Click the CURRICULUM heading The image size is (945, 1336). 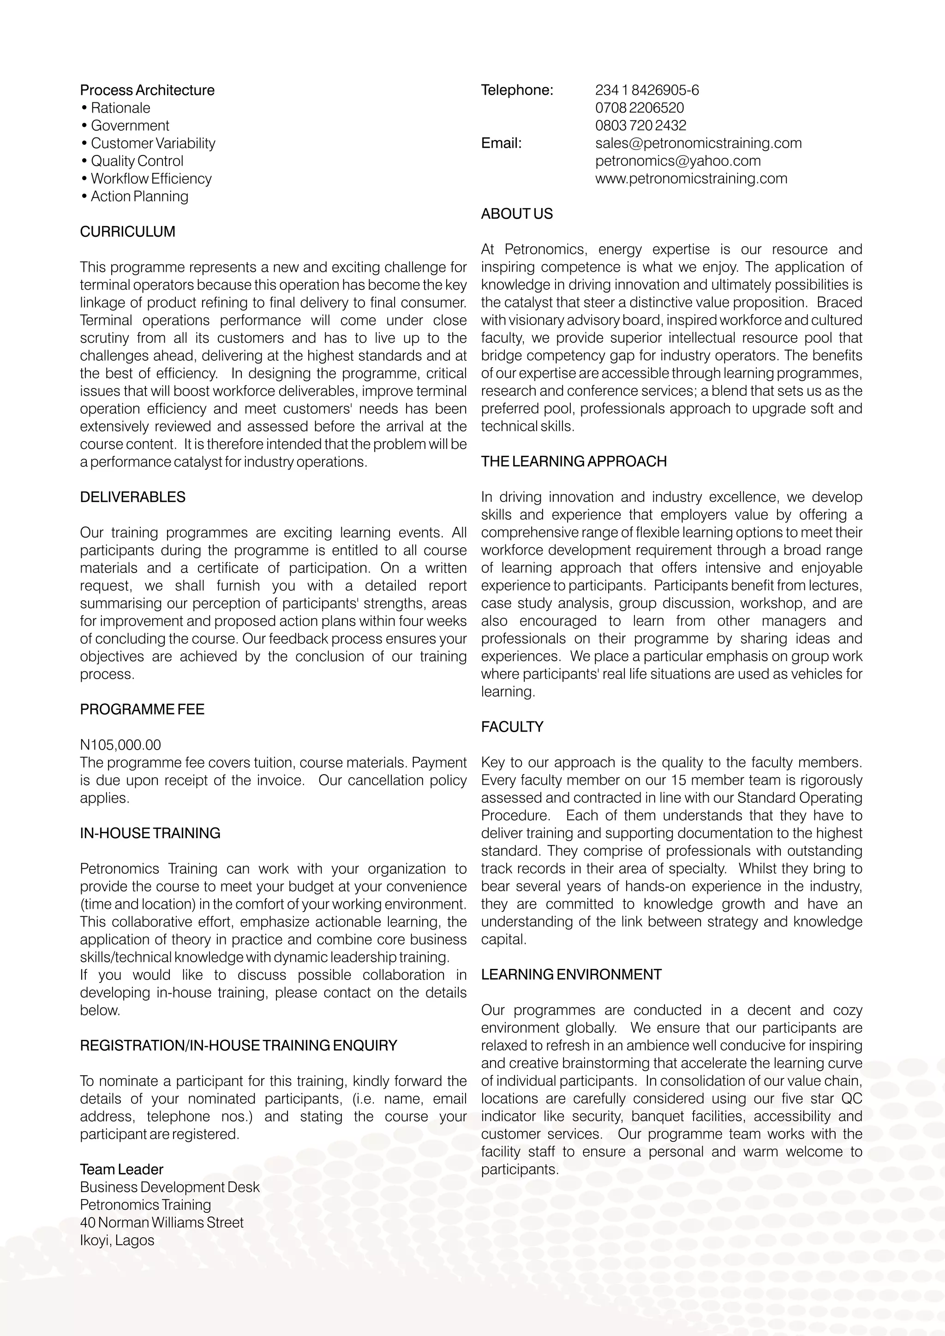tap(127, 232)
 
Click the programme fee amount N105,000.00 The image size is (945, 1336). tap(120, 745)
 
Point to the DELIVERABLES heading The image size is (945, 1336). tap(133, 497)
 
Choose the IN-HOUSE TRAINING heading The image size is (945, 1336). tap(150, 833)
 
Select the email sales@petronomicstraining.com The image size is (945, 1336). tap(698, 143)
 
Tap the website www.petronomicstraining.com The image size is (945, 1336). tap(691, 179)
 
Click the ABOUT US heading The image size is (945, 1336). tap(517, 214)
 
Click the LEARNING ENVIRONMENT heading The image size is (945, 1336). tap(571, 975)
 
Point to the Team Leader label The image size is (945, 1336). tap(122, 1169)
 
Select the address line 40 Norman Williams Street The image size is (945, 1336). tap(162, 1222)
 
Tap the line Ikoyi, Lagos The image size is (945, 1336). tap(117, 1240)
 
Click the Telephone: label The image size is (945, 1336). tap(517, 90)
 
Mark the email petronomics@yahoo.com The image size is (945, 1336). tap(678, 161)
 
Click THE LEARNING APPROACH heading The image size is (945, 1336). tap(574, 461)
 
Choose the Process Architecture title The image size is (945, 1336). tap(147, 90)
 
